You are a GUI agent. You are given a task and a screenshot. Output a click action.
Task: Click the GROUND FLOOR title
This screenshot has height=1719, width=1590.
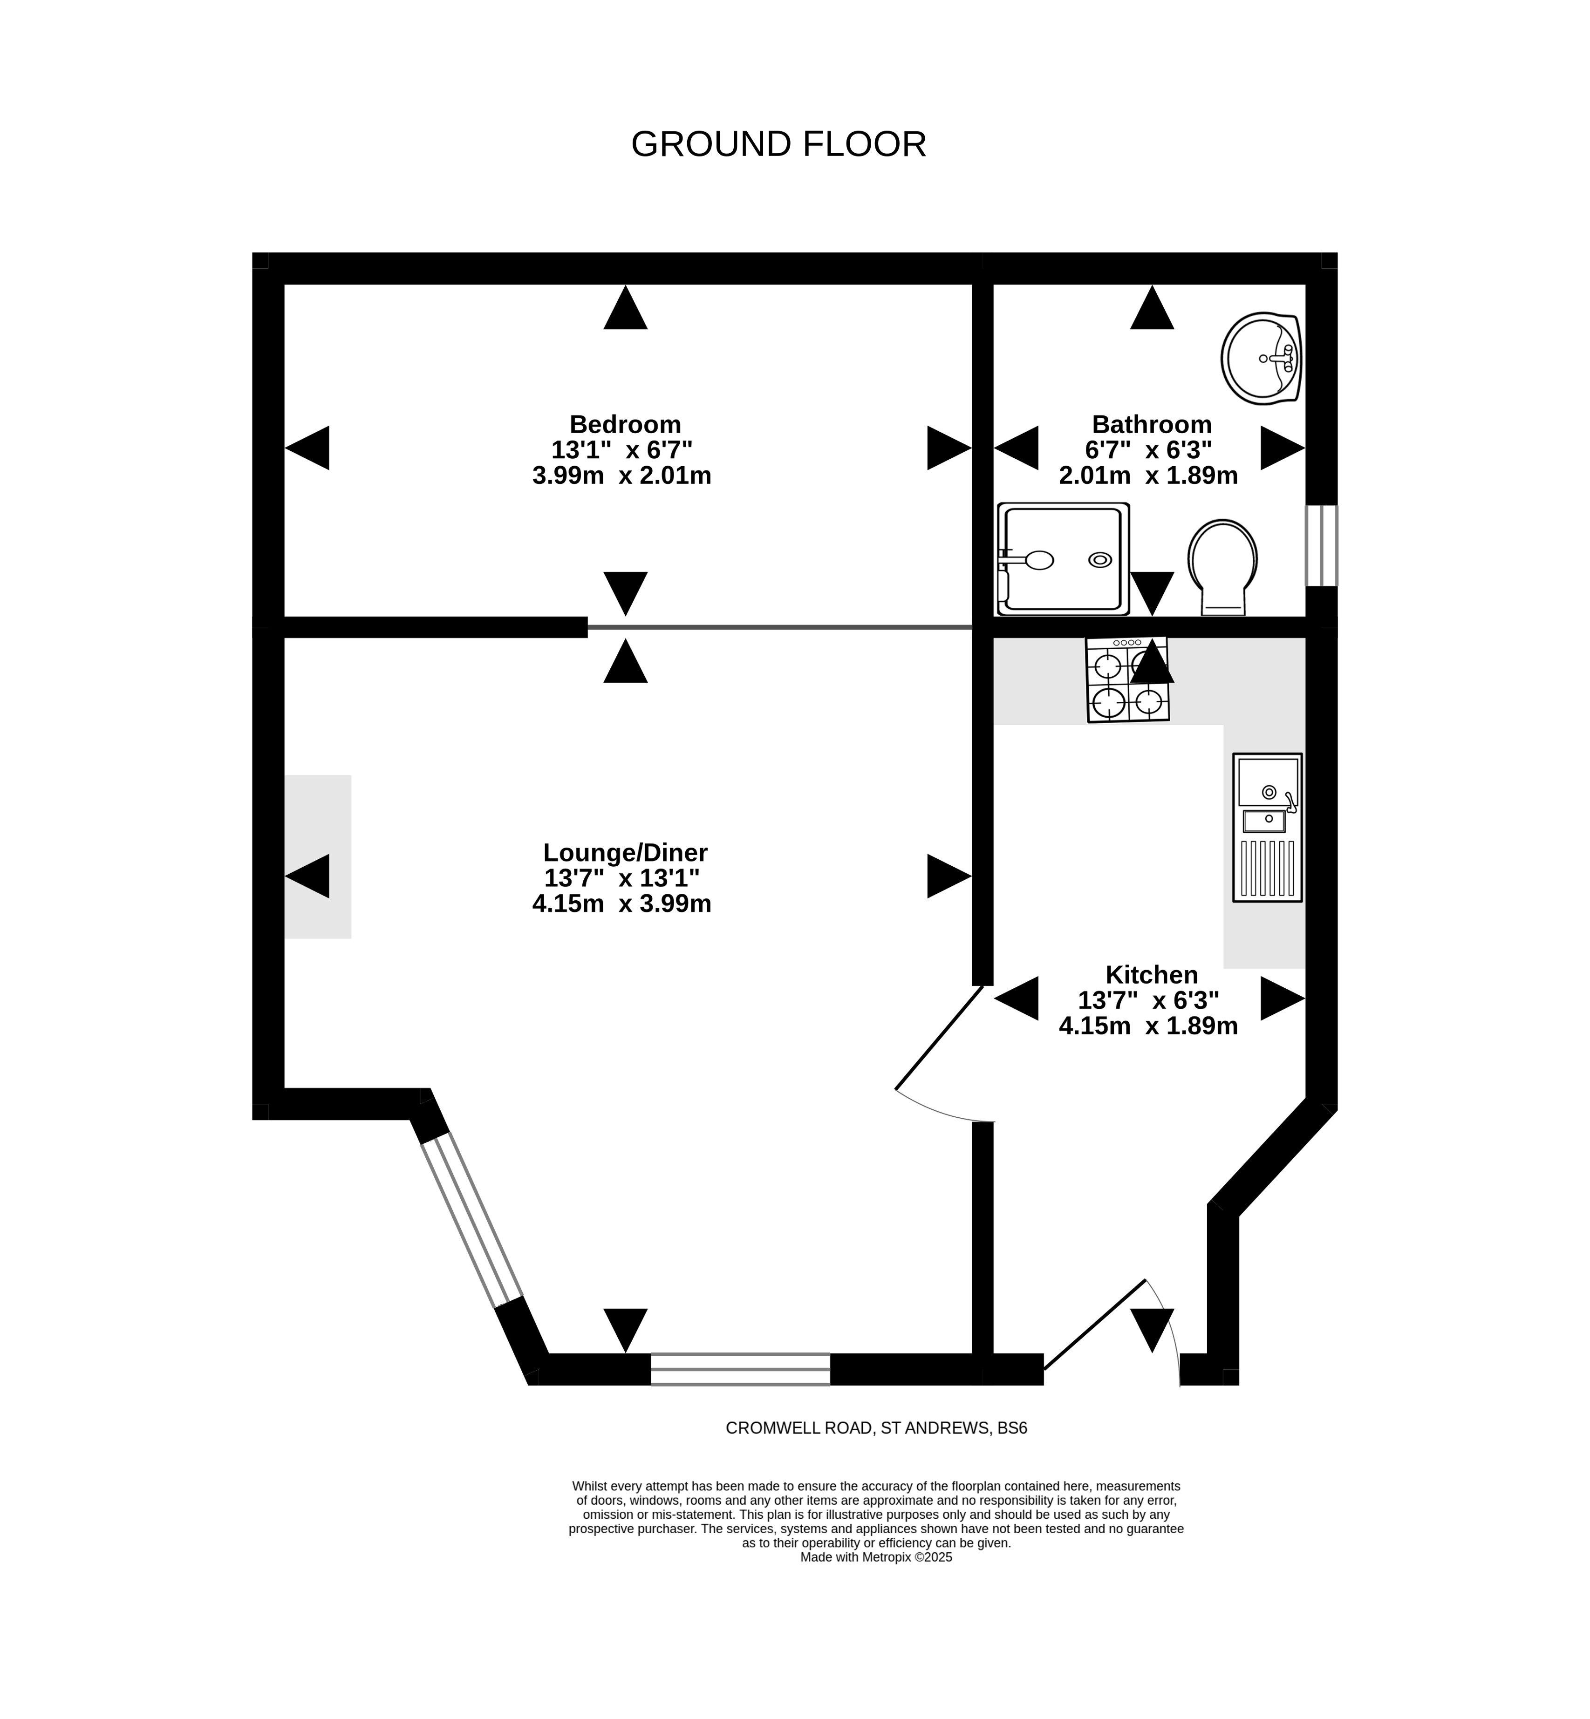point(778,144)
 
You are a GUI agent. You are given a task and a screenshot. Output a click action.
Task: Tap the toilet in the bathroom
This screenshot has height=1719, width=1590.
point(1222,567)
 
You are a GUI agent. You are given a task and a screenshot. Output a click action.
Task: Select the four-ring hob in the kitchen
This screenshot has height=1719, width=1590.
point(1127,679)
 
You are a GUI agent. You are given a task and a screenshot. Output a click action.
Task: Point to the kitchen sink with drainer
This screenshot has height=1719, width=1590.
point(1267,827)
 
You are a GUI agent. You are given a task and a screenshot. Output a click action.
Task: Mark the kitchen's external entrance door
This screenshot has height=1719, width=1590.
point(1094,1324)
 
